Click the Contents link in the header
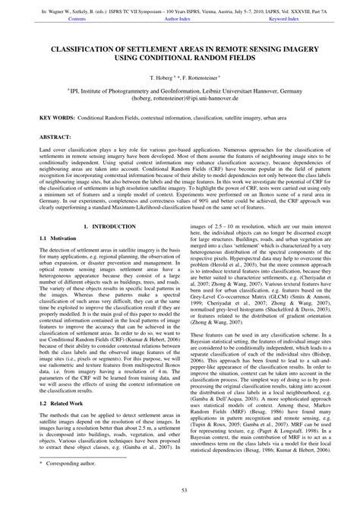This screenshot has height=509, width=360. point(76,21)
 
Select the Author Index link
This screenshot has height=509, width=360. point(178,21)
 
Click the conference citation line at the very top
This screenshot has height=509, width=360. point(180,11)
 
